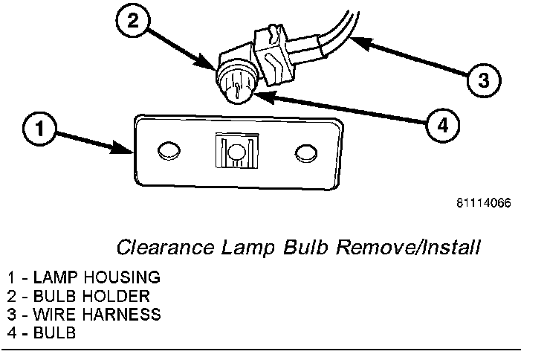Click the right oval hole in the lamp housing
pos(304,152)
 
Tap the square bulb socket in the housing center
pos(237,152)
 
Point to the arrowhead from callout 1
pos(128,150)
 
